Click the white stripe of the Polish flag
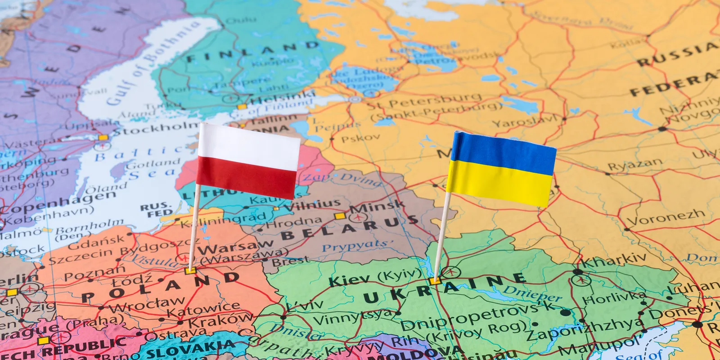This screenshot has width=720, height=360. click(x=249, y=144)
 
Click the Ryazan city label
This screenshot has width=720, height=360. click(x=635, y=165)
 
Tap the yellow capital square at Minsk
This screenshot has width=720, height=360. click(x=340, y=216)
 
